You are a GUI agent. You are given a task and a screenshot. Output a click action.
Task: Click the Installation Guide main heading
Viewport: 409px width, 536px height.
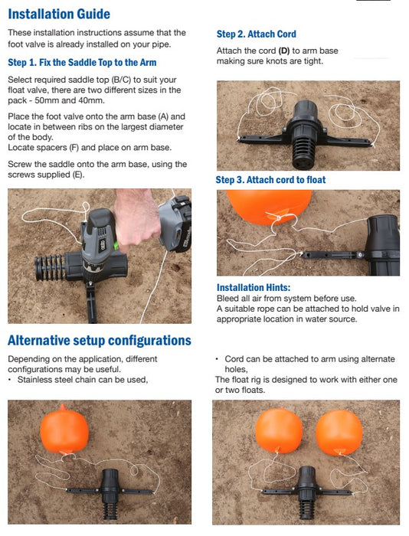(x=59, y=14)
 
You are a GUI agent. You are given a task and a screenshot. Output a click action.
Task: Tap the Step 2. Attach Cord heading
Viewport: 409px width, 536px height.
(x=256, y=34)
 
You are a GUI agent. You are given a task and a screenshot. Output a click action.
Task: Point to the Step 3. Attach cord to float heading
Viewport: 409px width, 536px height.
(x=270, y=180)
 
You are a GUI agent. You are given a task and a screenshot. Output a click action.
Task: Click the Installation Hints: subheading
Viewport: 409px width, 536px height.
(x=254, y=288)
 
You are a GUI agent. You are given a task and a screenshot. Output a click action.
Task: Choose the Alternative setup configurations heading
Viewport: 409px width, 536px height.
(x=100, y=341)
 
